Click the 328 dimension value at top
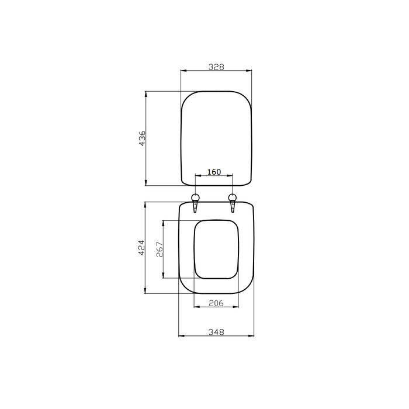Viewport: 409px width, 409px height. click(x=216, y=67)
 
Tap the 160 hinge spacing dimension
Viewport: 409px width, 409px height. click(x=214, y=171)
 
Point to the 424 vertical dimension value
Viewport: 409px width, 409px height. click(x=141, y=248)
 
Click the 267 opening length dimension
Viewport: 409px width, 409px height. click(x=160, y=249)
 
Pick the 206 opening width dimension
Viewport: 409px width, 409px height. click(x=216, y=303)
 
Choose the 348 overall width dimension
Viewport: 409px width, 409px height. click(x=216, y=332)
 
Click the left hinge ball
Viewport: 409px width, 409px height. click(x=196, y=197)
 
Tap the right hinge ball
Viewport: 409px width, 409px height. click(x=233, y=197)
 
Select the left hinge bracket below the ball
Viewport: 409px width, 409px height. click(x=195, y=207)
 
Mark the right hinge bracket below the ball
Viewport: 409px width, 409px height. click(x=233, y=207)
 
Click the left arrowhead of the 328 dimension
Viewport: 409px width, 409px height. click(x=183, y=71)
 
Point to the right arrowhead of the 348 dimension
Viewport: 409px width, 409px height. click(x=252, y=336)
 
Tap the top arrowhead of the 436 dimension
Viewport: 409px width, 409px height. click(x=145, y=93)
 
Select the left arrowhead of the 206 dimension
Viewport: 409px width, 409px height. click(x=195, y=307)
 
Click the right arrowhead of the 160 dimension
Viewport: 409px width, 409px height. click(x=232, y=175)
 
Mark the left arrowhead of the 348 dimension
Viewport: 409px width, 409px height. click(x=181, y=336)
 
